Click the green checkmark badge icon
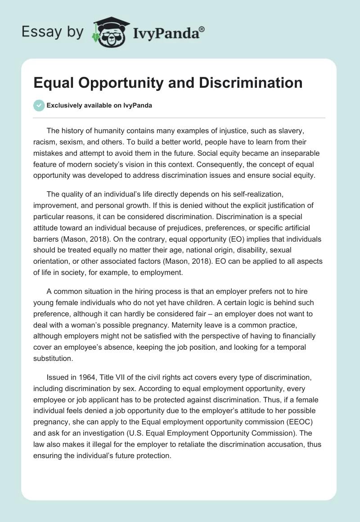pyautogui.click(x=39, y=105)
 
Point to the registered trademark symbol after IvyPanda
pyautogui.click(x=202, y=29)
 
